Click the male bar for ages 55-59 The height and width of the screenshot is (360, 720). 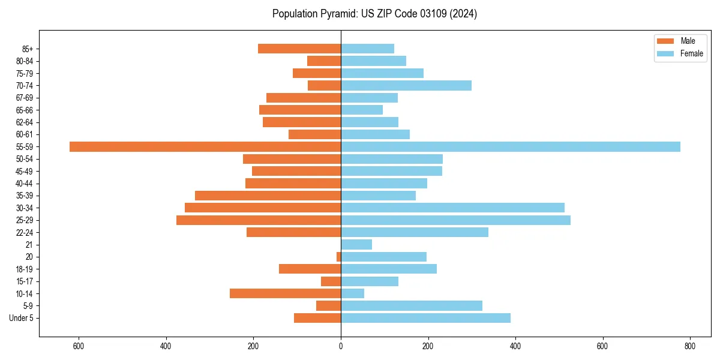(x=205, y=146)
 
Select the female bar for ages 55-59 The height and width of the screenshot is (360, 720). (x=510, y=146)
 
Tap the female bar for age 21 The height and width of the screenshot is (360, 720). (x=356, y=244)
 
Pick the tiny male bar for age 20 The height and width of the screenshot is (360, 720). (x=338, y=257)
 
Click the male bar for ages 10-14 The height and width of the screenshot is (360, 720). (x=285, y=293)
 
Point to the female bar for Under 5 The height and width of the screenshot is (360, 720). (x=425, y=318)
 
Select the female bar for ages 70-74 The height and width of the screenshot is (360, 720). (x=406, y=85)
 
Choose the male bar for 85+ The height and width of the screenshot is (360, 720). (x=299, y=49)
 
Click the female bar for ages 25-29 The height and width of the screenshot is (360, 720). (x=455, y=220)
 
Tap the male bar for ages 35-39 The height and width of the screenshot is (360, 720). (x=268, y=196)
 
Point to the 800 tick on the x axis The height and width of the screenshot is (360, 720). (x=690, y=346)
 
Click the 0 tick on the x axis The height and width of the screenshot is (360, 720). (x=341, y=346)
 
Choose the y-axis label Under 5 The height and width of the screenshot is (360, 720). (x=21, y=318)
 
